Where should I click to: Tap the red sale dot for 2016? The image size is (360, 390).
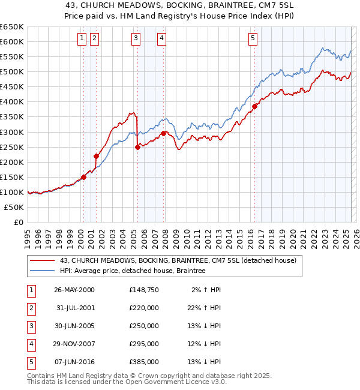[254, 106]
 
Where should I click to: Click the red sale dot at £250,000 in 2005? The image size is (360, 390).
[137, 146]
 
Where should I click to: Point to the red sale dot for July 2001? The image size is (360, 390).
[96, 156]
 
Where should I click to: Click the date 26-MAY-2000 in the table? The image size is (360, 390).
[74, 290]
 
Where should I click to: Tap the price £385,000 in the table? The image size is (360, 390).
[144, 362]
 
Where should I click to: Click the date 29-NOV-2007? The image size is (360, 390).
[74, 344]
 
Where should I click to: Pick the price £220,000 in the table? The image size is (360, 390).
[144, 308]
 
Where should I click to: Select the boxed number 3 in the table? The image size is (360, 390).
[30, 326]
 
